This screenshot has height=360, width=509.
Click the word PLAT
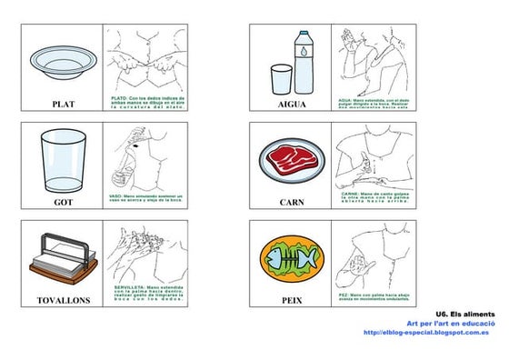(63, 104)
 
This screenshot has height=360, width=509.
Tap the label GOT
(63, 202)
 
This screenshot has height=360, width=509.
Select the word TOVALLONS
(63, 299)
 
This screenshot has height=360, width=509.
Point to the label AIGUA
(292, 104)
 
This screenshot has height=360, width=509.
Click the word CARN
(292, 202)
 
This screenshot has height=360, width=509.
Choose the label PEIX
(292, 299)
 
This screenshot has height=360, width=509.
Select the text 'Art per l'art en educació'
(451, 323)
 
